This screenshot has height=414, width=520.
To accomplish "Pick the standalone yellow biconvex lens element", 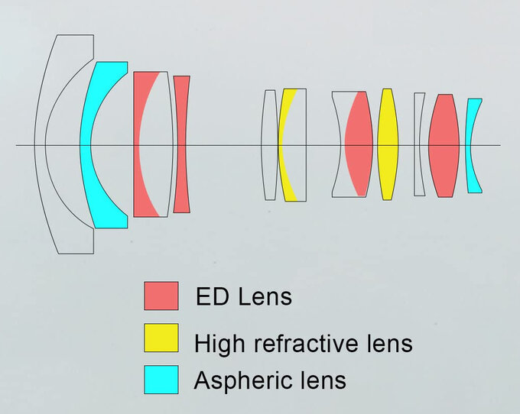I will click(388, 144).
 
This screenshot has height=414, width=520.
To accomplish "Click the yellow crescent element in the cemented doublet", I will click(284, 144).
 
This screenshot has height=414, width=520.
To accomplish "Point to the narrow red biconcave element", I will click(181, 144).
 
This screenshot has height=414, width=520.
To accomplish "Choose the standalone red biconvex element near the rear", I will click(443, 144).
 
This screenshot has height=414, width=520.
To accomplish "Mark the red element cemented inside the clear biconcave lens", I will click(358, 144).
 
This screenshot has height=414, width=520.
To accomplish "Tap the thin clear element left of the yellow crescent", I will click(269, 144).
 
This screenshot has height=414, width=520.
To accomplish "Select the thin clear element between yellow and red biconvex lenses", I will click(418, 144).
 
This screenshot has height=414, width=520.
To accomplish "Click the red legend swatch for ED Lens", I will click(161, 296).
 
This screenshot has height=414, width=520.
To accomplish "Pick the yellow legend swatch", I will click(161, 338).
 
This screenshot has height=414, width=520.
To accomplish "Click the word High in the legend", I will click(217, 343).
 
